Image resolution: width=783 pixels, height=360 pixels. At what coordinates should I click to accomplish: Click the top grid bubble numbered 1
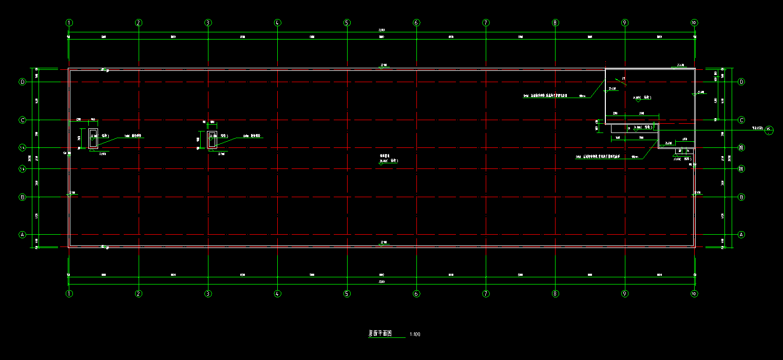pos(69,23)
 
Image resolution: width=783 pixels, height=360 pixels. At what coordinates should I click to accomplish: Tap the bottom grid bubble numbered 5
pos(347,294)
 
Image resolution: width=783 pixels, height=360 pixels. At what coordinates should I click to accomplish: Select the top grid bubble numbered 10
pos(694,23)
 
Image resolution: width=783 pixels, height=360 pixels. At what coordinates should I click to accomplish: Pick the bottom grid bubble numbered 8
pos(555,294)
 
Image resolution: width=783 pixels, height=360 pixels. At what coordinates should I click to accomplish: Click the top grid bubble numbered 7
pos(486,23)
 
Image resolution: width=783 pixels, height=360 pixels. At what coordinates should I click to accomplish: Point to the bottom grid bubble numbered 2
pos(139,294)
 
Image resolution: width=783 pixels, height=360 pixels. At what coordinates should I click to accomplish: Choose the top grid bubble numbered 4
pos(277,23)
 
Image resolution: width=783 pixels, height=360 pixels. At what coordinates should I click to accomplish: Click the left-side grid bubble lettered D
pos(22,82)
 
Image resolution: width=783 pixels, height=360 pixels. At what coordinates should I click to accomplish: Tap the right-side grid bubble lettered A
pos(741,234)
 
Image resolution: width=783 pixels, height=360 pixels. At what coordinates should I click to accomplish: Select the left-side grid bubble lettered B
pos(22,197)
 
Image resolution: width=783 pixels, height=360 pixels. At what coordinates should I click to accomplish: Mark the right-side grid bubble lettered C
pos(741,120)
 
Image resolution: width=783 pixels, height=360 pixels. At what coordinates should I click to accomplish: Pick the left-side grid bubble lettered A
pos(22,234)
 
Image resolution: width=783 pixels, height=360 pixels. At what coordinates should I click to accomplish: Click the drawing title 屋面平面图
pos(380,333)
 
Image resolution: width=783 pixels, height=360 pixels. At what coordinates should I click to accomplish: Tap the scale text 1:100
pos(415,335)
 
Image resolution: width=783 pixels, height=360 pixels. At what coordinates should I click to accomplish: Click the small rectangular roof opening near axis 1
pos(93,139)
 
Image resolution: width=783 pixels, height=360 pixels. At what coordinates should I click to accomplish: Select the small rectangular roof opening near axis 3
pos(212,140)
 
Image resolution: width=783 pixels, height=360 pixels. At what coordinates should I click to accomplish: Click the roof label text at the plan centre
pos(389,161)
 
